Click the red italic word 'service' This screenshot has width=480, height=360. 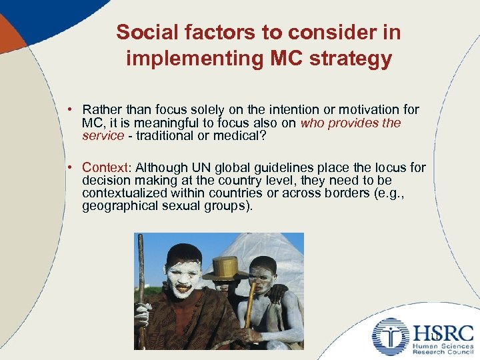(x=103, y=135)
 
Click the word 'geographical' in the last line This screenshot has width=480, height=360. (x=119, y=206)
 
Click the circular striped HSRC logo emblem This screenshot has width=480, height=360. (x=390, y=335)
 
